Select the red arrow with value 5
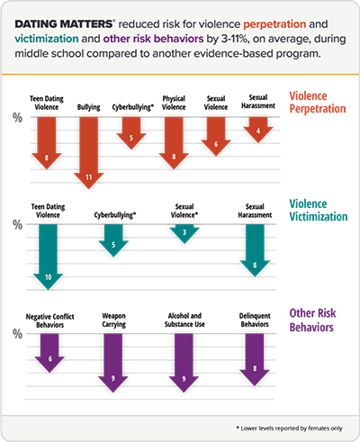tap(130, 132)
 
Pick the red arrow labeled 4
tap(257, 129)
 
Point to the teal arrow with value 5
tap(112, 239)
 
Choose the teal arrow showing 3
tap(184, 233)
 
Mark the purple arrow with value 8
tap(256, 359)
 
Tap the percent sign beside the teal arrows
tap(15, 224)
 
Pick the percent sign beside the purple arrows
tap(15, 334)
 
